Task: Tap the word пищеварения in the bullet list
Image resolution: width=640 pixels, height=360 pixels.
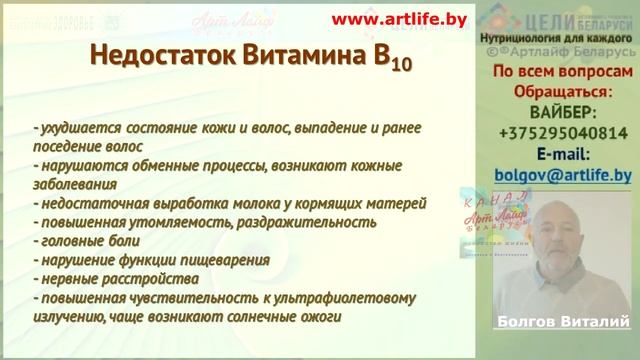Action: coord(224,261)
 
